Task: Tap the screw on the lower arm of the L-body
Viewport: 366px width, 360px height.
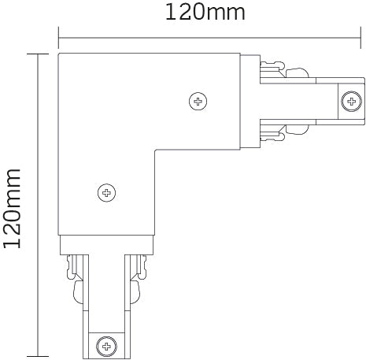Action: tap(105, 191)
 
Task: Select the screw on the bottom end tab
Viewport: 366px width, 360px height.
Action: tap(105, 343)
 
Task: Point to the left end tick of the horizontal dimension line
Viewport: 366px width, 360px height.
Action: tap(58, 35)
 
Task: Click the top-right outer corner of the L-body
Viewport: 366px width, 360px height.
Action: tap(242, 54)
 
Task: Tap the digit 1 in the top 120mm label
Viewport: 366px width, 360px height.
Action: tap(168, 13)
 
